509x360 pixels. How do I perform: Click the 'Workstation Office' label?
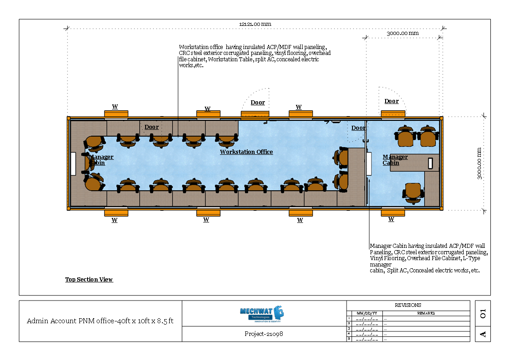pos(246,152)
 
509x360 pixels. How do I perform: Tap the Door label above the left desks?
pos(152,127)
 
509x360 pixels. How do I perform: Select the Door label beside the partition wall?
pos(358,128)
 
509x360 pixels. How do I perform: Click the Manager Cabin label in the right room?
pos(395,160)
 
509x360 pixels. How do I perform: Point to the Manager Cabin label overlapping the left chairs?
pos(101,160)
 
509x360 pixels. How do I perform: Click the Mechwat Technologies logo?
pos(262,314)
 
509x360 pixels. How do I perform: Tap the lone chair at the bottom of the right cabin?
pos(413,192)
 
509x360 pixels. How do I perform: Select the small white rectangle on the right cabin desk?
pos(430,163)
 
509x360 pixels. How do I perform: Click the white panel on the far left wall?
pos(73,163)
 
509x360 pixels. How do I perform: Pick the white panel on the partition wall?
pos(369,163)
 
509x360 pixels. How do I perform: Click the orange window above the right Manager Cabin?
pos(393,114)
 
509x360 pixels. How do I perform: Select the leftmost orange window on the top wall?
pos(116,114)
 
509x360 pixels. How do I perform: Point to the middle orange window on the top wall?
pos(254,114)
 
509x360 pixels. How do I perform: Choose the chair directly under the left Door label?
pos(161,140)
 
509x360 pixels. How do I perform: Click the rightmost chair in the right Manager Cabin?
pos(428,137)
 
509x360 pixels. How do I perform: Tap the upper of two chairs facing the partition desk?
pos(342,157)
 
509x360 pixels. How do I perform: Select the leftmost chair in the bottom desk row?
pos(128,186)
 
